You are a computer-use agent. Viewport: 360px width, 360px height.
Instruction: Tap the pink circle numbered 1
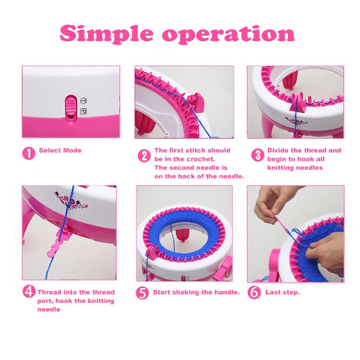[x=29, y=153]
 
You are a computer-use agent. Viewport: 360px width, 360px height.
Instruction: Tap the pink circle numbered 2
[x=144, y=155]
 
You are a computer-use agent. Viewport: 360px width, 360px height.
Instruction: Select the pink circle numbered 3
[x=258, y=155]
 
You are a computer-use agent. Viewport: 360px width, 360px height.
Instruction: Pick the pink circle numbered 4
[x=29, y=292]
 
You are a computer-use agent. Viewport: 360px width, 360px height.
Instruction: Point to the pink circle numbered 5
[x=143, y=293]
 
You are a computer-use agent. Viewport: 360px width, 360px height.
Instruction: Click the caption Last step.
[x=282, y=292]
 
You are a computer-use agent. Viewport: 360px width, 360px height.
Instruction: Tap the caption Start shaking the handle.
[x=194, y=292]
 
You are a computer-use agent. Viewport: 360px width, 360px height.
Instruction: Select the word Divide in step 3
[x=280, y=151]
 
